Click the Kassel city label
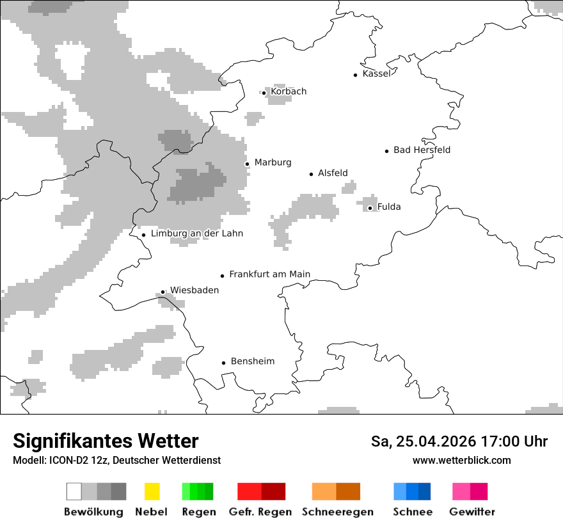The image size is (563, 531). pyautogui.click(x=376, y=74)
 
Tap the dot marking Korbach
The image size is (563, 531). pyautogui.click(x=264, y=93)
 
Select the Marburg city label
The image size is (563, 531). pyautogui.click(x=273, y=162)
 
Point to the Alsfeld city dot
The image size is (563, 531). pyautogui.click(x=312, y=174)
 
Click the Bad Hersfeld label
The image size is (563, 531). pyautogui.click(x=422, y=150)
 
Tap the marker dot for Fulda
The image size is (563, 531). pyautogui.click(x=370, y=208)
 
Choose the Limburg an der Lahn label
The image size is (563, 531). pyautogui.click(x=197, y=234)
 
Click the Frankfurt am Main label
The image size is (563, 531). pyautogui.click(x=269, y=274)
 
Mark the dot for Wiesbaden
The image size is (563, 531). pyautogui.click(x=163, y=292)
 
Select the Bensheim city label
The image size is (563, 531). pyautogui.click(x=252, y=361)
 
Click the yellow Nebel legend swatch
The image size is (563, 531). pyautogui.click(x=152, y=491)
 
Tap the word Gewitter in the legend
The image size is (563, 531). pyautogui.click(x=472, y=512)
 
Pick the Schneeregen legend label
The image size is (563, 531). pyautogui.click(x=338, y=512)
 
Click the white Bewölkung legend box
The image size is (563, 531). pyautogui.click(x=74, y=491)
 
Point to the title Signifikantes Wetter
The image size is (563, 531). pyautogui.click(x=106, y=441)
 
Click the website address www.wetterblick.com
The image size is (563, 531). pyautogui.click(x=461, y=461)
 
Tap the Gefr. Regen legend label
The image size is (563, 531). pyautogui.click(x=260, y=512)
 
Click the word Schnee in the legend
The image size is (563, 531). pyautogui.click(x=413, y=512)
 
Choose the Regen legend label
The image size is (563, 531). pyautogui.click(x=198, y=512)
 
